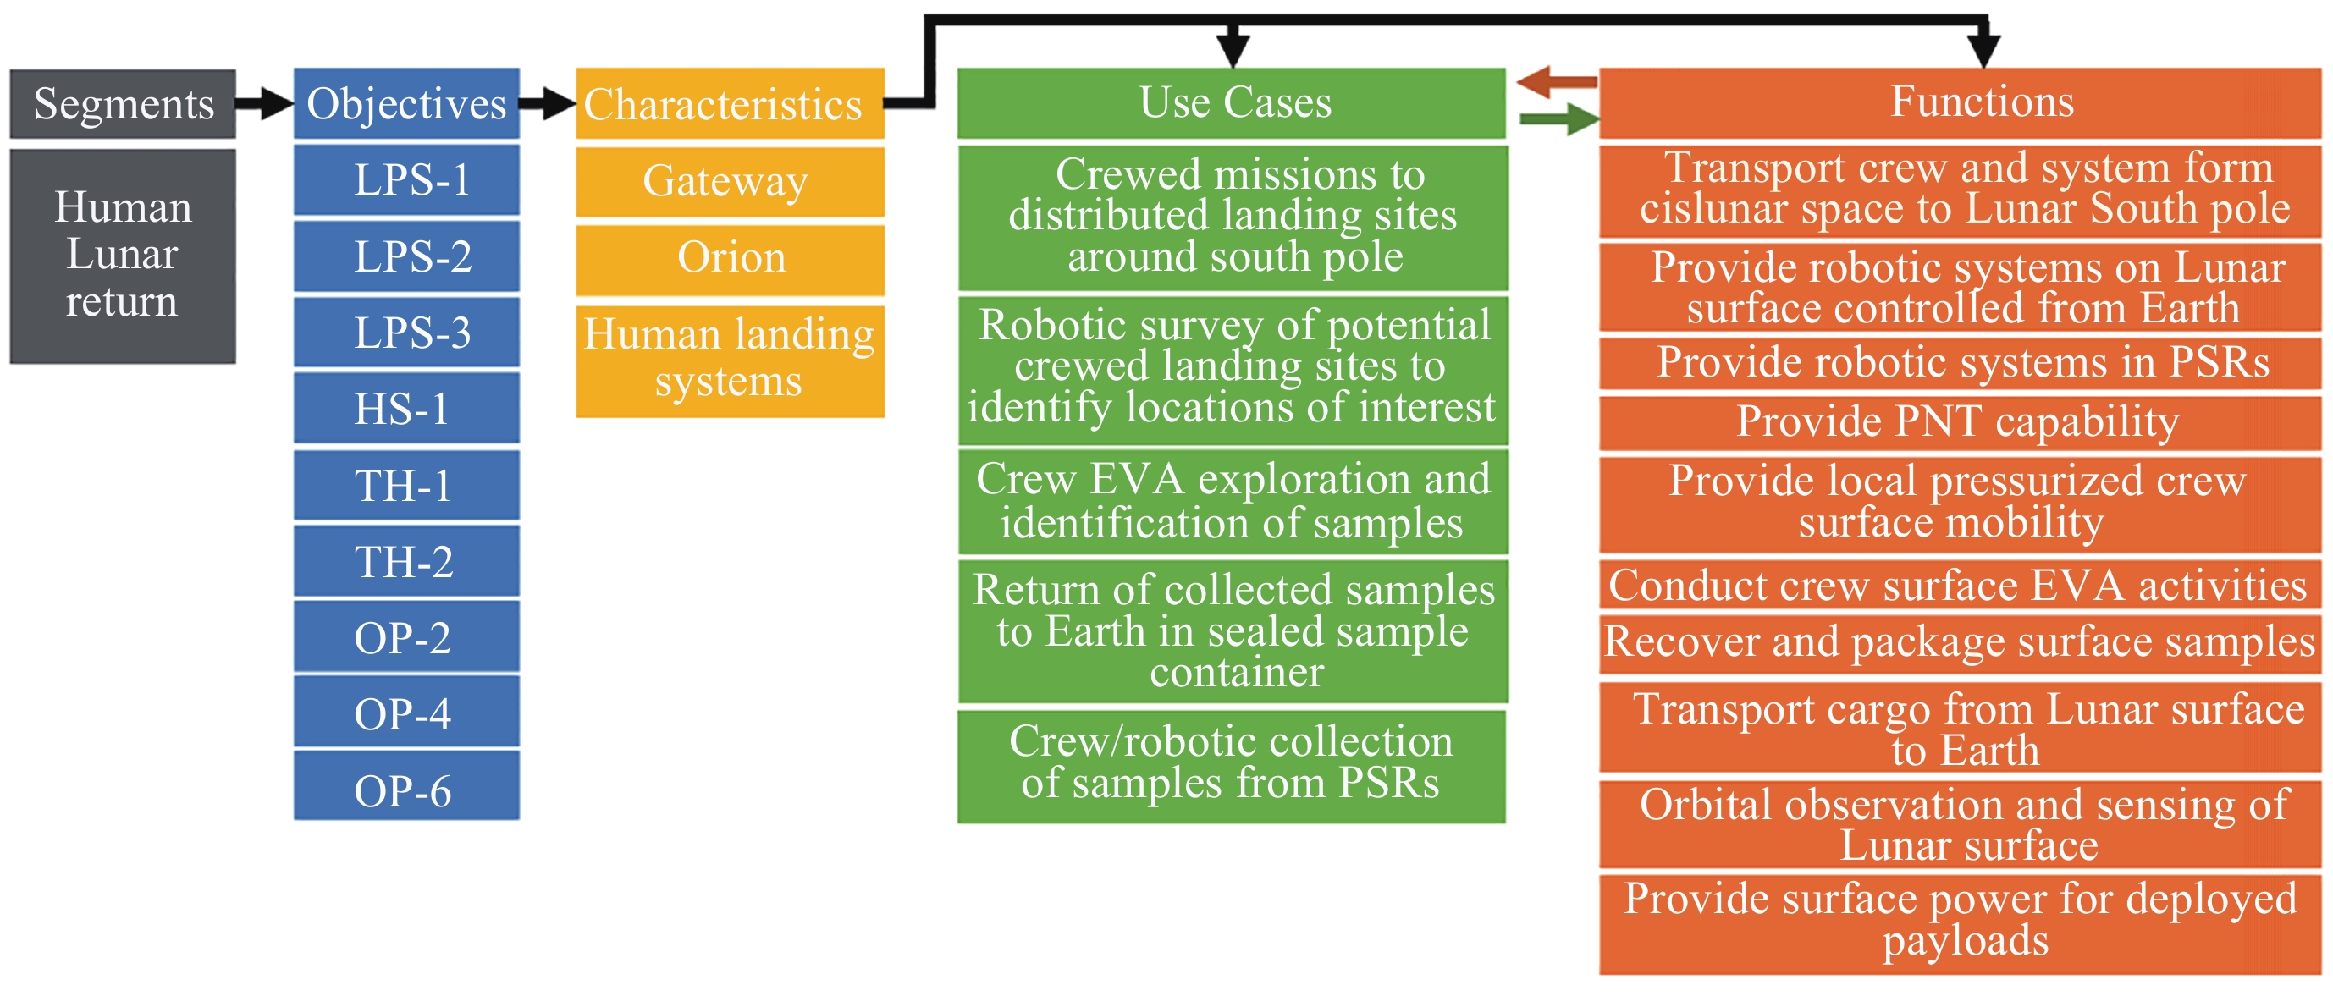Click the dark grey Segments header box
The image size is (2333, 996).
pos(124,104)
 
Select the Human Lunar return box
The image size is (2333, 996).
pos(124,256)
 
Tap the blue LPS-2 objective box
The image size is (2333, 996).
pos(406,256)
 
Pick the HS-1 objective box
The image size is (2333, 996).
pos(406,409)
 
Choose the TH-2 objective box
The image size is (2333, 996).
pos(406,561)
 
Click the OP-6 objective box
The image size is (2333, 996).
pos(406,790)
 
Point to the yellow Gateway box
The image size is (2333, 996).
pos(730,181)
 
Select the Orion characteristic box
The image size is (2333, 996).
pos(730,258)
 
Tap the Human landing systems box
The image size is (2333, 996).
pos(730,360)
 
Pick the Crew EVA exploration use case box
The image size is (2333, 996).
pos(1233,502)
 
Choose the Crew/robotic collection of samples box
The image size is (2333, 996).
pos(1232,764)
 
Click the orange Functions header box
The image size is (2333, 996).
pos(1960,102)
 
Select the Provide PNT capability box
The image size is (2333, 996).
pos(1960,422)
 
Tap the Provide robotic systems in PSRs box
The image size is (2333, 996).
pos(1960,363)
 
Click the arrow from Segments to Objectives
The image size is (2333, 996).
pos(264,103)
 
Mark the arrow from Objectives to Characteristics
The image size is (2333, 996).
pos(547,103)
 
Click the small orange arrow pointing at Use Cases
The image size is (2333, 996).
pos(1556,82)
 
